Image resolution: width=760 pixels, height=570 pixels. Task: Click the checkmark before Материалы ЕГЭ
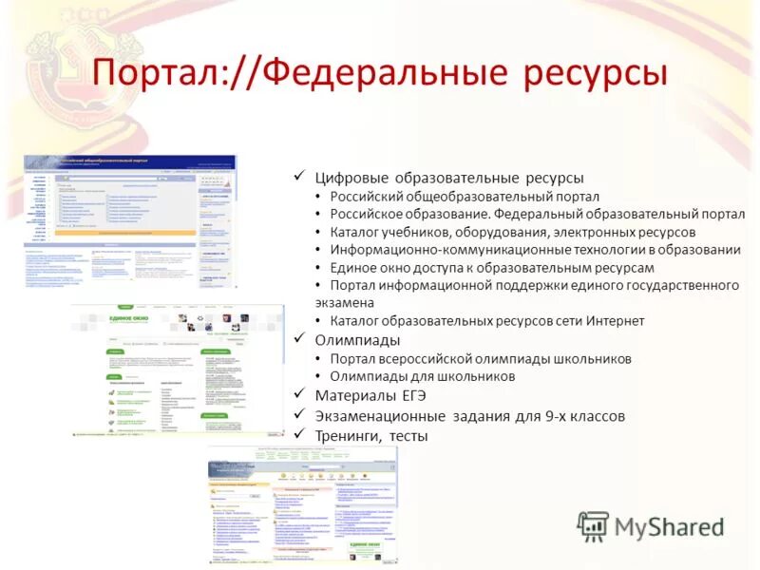298,395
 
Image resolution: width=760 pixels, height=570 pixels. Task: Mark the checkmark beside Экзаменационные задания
298,415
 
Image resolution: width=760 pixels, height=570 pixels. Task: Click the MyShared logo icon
594,526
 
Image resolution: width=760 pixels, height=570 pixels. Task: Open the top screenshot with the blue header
130,221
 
